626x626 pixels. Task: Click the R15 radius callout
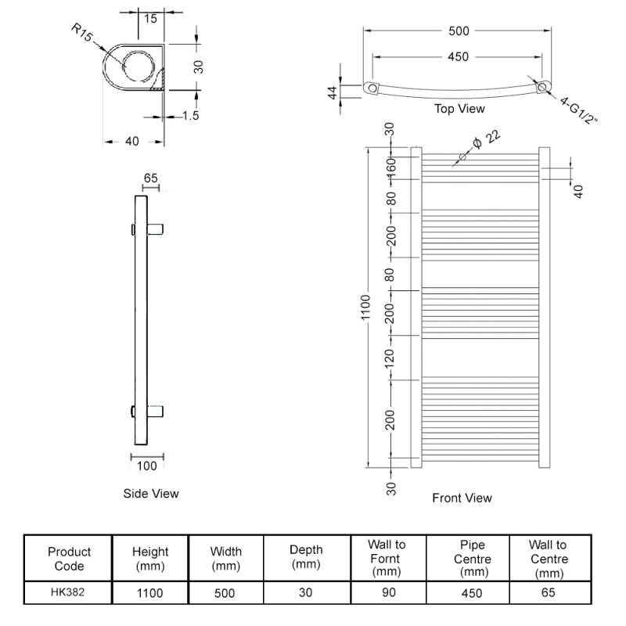pos(82,34)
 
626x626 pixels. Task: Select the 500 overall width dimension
pos(459,31)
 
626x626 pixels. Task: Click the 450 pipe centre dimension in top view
pos(459,56)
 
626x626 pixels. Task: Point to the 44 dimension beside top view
pos(333,92)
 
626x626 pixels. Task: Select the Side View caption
pos(151,494)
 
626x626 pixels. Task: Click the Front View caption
pos(462,498)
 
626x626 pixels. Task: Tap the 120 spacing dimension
pos(391,358)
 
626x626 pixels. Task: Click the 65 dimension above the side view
pos(150,178)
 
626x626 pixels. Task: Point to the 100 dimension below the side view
pos(147,466)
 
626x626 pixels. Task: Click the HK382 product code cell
pos(68,592)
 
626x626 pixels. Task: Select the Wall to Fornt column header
pos(387,557)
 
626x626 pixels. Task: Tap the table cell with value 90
pos(387,592)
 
